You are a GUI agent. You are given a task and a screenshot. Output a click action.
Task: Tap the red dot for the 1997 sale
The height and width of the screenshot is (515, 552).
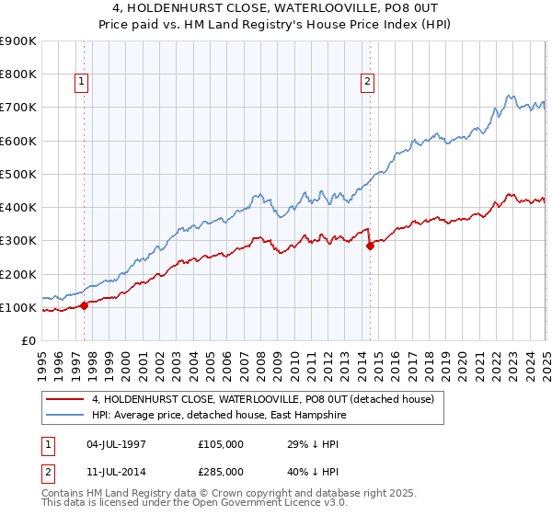(x=84, y=305)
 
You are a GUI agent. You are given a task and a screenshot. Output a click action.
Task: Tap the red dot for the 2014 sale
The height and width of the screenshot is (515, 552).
(x=370, y=246)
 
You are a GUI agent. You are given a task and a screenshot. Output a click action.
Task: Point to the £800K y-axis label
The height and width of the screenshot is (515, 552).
(x=18, y=74)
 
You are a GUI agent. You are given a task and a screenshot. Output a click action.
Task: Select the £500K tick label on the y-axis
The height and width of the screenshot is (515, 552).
(x=18, y=174)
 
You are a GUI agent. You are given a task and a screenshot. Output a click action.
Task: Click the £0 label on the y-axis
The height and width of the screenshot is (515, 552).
(x=29, y=340)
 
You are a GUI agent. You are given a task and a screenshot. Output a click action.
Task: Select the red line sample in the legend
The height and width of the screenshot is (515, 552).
(x=64, y=399)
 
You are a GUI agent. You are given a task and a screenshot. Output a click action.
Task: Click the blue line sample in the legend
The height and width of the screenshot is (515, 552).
(x=64, y=415)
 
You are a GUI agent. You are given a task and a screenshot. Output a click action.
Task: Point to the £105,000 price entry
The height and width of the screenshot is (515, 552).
(x=220, y=444)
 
